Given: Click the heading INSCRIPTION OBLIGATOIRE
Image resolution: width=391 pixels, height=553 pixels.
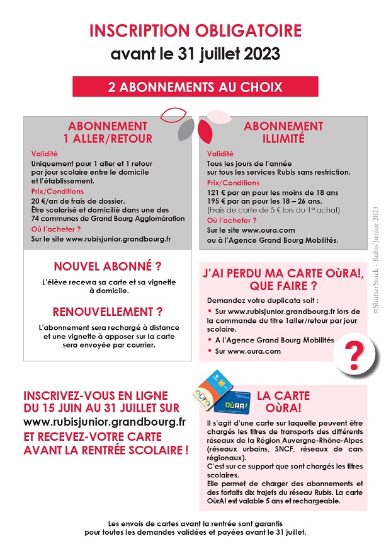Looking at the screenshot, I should (195, 31).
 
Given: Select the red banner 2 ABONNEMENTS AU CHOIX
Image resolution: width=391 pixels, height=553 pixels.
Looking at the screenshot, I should (195, 86).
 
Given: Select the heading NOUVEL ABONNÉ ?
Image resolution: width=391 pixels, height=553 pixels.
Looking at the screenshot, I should (107, 267).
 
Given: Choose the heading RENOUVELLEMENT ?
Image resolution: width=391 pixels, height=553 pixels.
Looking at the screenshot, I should (107, 311).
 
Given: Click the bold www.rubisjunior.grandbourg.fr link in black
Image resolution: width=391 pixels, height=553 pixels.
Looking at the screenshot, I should (105, 422).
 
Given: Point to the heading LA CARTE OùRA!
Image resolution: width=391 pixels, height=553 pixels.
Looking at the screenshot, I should (283, 402).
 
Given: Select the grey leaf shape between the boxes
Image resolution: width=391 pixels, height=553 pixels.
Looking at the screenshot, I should (186, 131).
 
